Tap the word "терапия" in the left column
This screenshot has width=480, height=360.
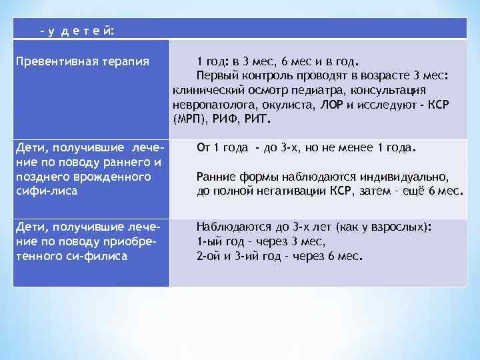point(123,62)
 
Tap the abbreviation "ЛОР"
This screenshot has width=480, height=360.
point(333,105)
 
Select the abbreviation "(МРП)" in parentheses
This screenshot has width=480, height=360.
point(189,121)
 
